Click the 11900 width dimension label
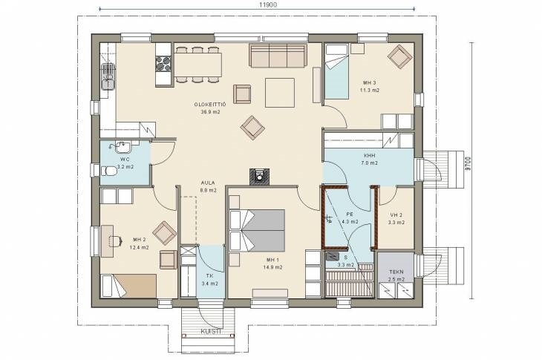point(268,4)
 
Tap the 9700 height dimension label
point(468,164)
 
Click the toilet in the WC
point(109,170)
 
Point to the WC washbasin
point(122,147)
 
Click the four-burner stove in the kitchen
point(163,63)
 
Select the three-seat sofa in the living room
point(278,56)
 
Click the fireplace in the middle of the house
point(259,176)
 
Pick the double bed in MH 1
point(257,230)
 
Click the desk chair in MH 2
point(115,240)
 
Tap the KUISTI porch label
point(211,332)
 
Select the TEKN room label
point(396,272)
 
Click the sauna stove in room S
point(332,256)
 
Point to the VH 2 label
point(396,215)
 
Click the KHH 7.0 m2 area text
point(369,163)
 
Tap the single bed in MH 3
point(336,72)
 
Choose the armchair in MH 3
point(399,56)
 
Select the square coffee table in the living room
point(280,93)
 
